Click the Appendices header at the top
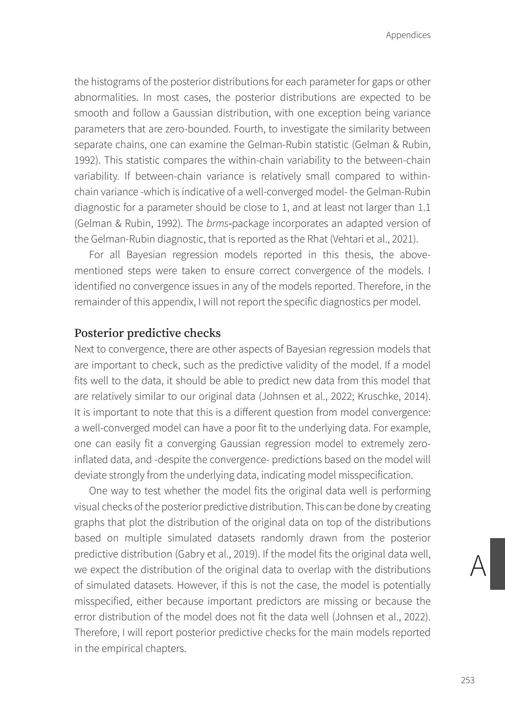[408, 35]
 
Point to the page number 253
[467, 680]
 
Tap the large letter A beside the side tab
[478, 566]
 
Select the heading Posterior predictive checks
[147, 333]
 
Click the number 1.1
[424, 208]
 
